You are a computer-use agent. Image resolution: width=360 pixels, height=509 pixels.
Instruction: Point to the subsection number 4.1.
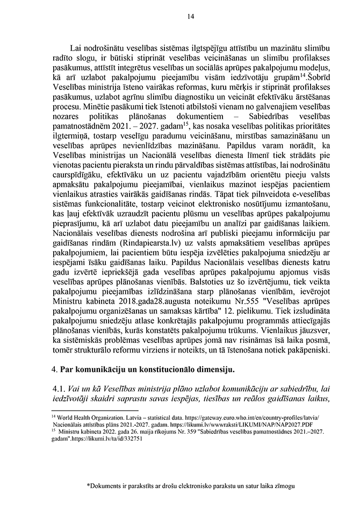coord(57,388)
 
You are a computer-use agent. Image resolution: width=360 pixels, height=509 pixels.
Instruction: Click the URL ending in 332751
coord(103,438)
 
